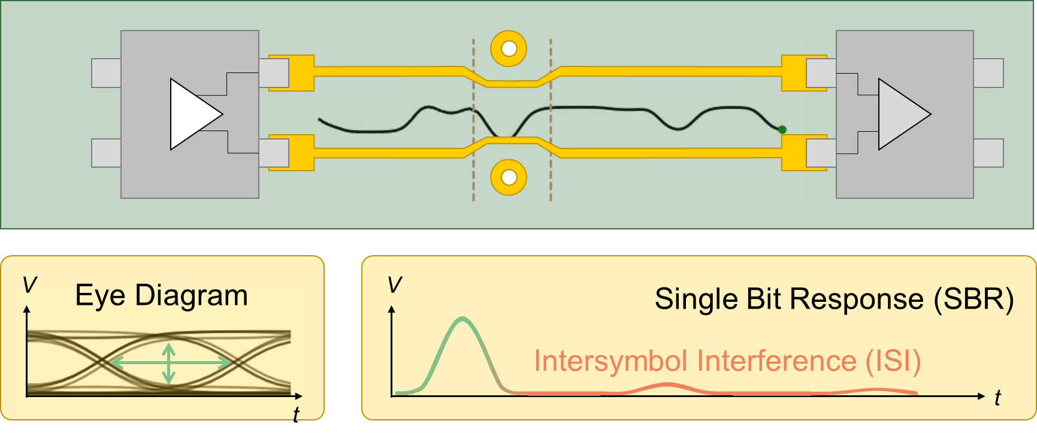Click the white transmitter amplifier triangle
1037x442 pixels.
[192, 114]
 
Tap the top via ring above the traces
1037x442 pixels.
[509, 49]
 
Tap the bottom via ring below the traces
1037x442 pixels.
[509, 177]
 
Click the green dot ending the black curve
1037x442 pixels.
[782, 129]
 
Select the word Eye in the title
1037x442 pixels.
[100, 296]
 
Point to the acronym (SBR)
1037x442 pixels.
[973, 299]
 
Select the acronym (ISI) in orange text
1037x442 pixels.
[893, 361]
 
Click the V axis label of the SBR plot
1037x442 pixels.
[395, 285]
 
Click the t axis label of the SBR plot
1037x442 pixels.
[997, 398]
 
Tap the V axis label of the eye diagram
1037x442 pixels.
[29, 284]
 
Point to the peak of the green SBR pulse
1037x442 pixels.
[462, 318]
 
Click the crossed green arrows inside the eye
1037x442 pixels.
[169, 363]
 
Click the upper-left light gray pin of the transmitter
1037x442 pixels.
[106, 73]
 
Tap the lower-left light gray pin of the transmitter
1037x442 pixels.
[106, 153]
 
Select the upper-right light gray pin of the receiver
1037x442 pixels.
[988, 73]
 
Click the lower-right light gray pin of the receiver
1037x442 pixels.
[988, 153]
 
